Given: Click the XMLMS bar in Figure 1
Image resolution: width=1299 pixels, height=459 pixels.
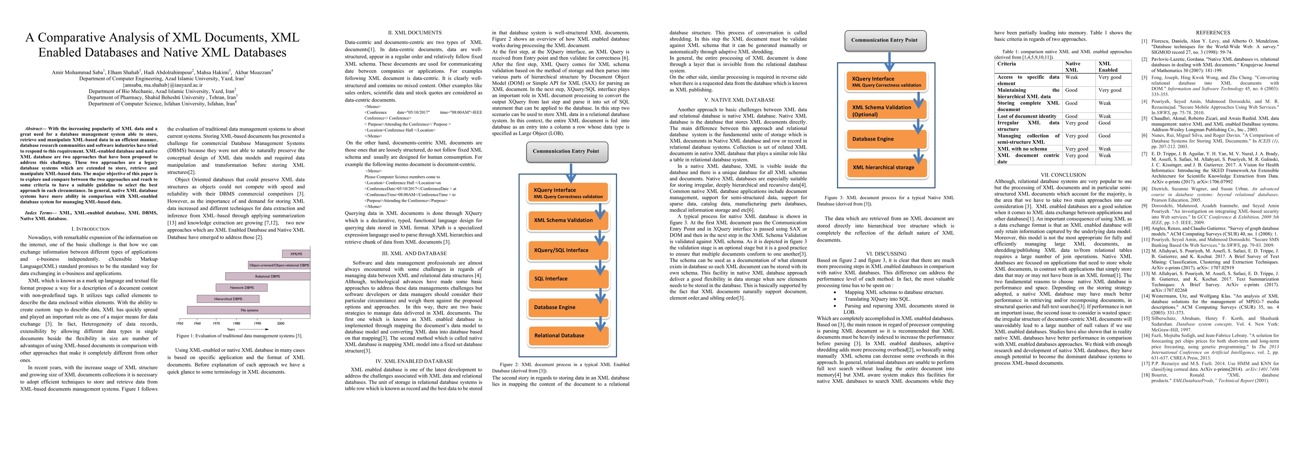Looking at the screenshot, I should tap(296, 254).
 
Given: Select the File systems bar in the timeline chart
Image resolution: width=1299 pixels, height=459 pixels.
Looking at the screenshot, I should tap(249, 310).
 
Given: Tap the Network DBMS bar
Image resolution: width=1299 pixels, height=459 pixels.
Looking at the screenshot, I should tap(242, 288).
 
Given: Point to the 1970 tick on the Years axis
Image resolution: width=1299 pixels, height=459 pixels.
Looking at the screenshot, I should tap(216, 324).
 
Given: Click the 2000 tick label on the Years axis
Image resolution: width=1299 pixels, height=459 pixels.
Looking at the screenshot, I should tap(280, 324).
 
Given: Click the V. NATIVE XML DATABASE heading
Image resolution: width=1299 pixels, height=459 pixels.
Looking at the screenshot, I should tap(738, 100).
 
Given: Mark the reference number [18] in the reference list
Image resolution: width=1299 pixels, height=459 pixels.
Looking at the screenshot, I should tap(1145, 375).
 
